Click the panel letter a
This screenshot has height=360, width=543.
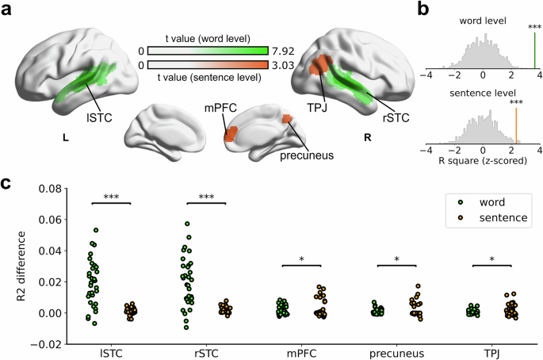tap(8, 10)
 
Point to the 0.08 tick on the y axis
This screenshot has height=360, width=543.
tap(48, 190)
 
